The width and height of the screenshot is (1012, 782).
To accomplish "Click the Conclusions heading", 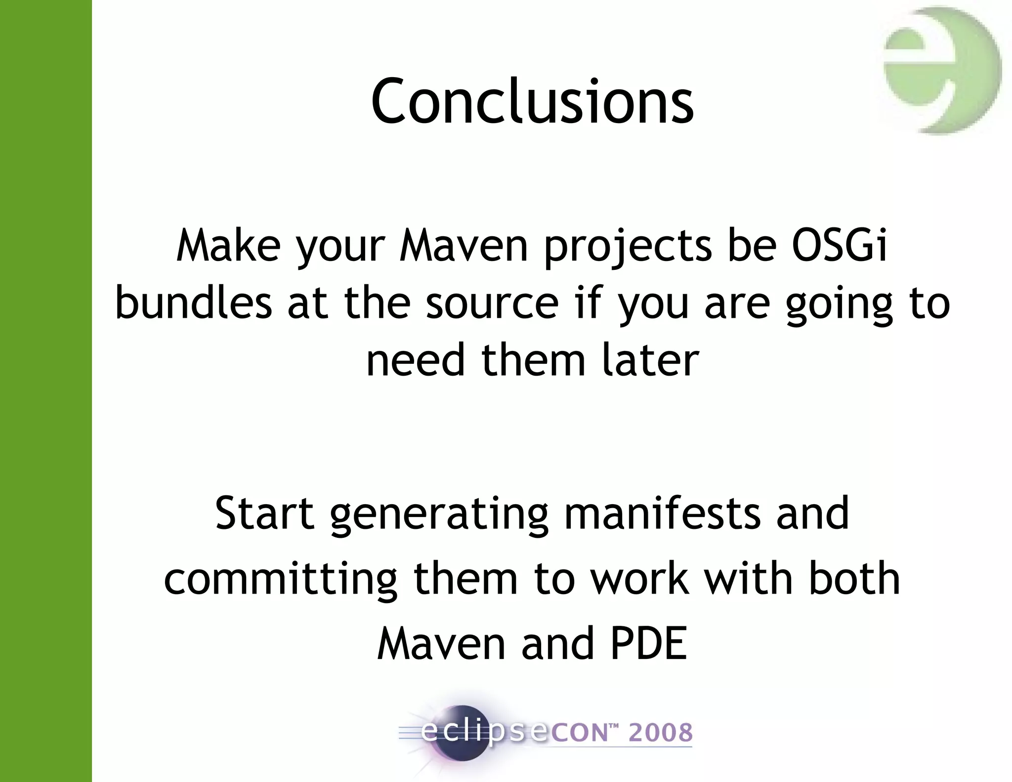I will (532, 101).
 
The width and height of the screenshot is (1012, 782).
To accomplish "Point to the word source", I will (492, 304).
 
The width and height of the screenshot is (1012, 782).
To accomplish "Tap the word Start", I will (265, 514).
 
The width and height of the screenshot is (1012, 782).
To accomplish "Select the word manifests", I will (662, 514).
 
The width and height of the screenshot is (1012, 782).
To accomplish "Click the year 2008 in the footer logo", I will (660, 733).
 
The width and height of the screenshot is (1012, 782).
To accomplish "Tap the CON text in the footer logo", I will (578, 733).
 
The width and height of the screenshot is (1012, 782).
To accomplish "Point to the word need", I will (416, 360).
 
